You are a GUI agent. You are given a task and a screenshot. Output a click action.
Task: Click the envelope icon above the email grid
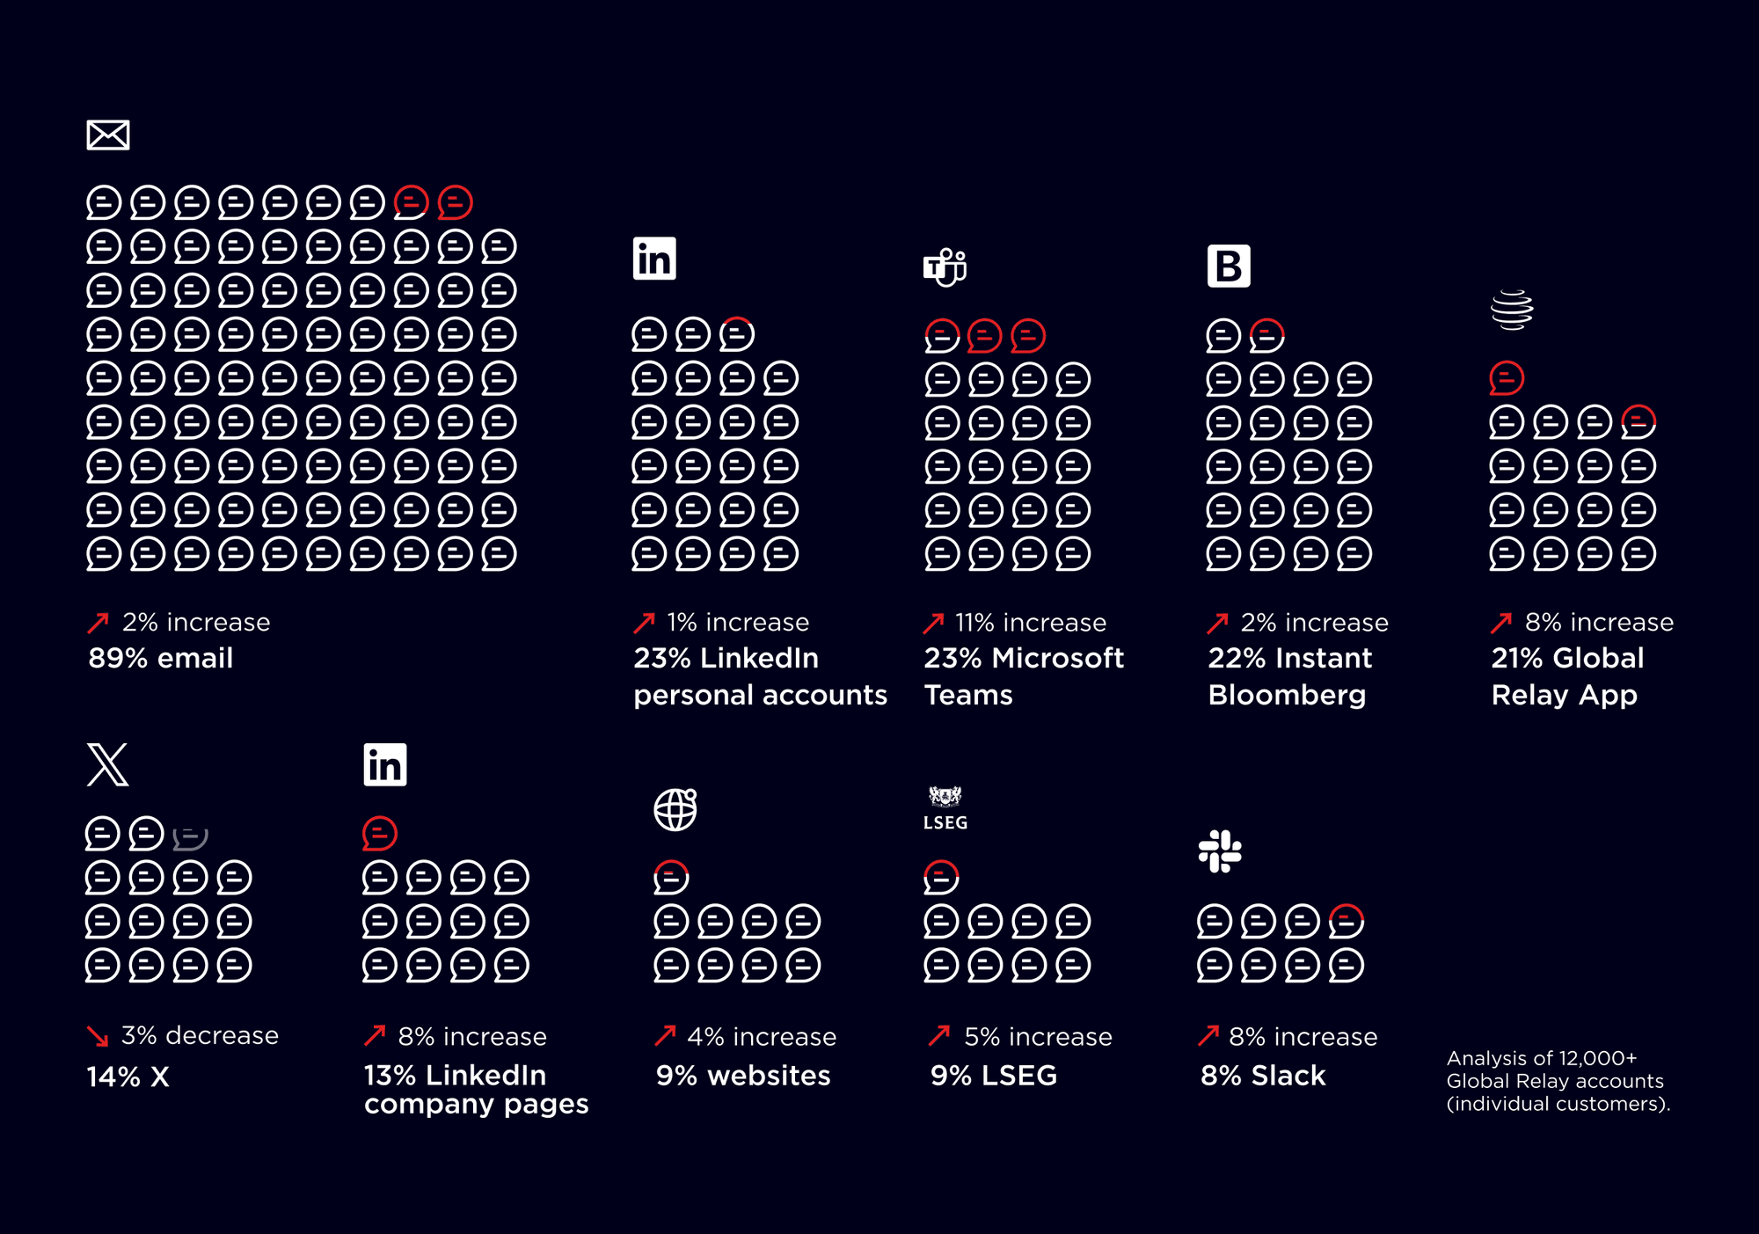coord(108,135)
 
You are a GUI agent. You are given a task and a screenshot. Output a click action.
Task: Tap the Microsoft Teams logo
coord(945,267)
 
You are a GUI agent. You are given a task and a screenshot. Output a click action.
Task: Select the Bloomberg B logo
coord(1229,266)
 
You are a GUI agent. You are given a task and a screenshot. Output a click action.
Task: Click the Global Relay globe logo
coord(1512,310)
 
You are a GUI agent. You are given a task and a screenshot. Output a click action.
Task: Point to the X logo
coord(108,764)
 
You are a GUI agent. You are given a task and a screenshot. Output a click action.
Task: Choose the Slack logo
coord(1220,851)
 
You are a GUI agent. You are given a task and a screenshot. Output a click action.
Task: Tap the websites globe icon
coord(675,809)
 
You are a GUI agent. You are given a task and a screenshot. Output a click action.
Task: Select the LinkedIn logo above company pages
coord(385,764)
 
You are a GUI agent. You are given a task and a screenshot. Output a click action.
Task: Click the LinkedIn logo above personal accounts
coord(654,259)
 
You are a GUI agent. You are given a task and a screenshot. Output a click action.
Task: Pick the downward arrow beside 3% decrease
coord(98,1036)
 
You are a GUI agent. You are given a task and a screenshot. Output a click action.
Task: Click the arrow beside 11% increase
coord(933,623)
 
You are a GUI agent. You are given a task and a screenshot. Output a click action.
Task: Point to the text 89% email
coord(161,658)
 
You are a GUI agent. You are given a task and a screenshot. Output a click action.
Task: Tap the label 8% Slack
coord(1263,1075)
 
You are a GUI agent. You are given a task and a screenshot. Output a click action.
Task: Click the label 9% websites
coord(743,1075)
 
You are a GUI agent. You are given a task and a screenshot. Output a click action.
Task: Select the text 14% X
coord(128,1077)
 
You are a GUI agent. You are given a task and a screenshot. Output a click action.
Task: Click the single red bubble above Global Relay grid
coord(1507,378)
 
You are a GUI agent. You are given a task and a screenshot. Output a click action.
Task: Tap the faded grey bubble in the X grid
coord(190,836)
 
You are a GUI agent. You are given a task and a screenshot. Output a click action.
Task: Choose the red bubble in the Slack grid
coord(1346,921)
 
